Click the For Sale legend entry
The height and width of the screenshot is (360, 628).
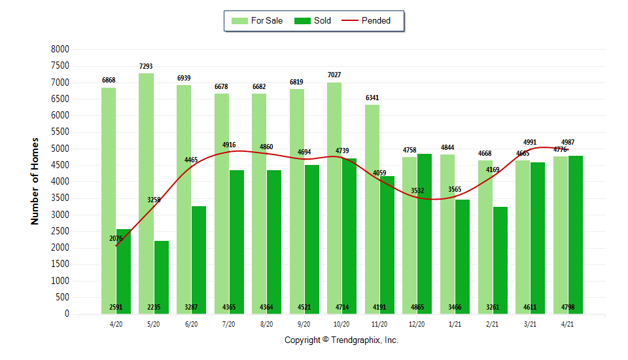(258, 21)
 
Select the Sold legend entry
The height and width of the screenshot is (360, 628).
(313, 21)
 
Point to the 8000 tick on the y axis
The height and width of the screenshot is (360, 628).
(60, 49)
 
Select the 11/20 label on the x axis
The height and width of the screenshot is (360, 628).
(379, 323)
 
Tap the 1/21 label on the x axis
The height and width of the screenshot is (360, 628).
(455, 323)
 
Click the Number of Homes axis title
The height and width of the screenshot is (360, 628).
(35, 181)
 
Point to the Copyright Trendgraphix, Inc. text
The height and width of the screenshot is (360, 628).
(341, 340)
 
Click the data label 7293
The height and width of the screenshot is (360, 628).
(147, 67)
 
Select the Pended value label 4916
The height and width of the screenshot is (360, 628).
(229, 145)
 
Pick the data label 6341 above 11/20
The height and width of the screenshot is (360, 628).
(372, 98)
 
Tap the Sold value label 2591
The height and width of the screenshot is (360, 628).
(116, 307)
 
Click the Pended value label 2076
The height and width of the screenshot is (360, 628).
(116, 238)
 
